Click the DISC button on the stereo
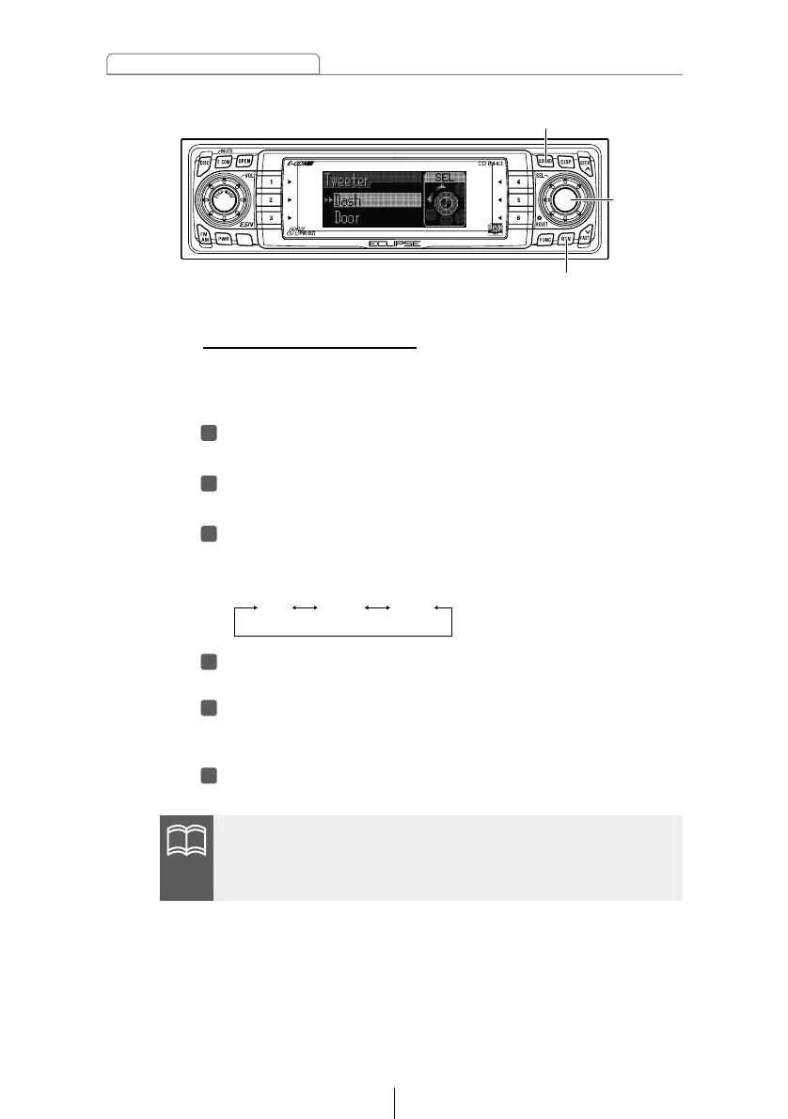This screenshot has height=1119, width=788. click(204, 161)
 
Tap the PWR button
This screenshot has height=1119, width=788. click(224, 239)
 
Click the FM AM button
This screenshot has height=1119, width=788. click(203, 235)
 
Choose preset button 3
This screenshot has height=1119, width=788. click(271, 218)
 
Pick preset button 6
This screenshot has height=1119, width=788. click(518, 218)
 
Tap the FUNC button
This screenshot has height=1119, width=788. click(544, 240)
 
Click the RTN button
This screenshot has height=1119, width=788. click(566, 240)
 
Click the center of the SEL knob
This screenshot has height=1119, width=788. click(564, 198)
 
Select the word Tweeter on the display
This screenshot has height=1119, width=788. click(347, 180)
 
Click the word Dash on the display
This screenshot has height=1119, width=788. click(347, 199)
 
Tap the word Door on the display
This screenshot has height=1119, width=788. click(347, 217)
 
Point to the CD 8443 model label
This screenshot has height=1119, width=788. click(493, 164)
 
